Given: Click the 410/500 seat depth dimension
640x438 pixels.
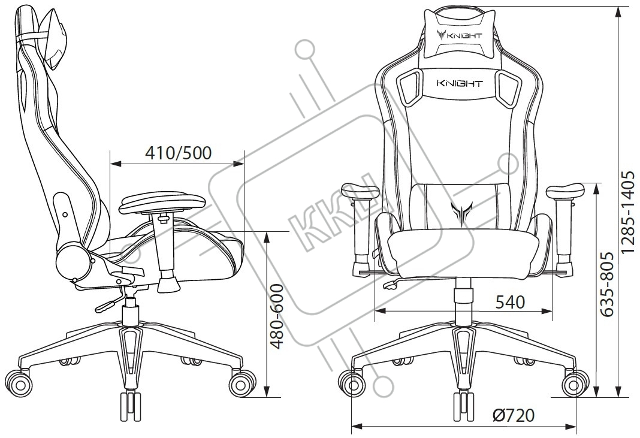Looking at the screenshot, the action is click(x=179, y=153).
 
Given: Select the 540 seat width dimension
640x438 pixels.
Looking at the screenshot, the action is click(x=510, y=302).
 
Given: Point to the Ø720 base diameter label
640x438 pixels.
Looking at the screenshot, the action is click(x=514, y=415).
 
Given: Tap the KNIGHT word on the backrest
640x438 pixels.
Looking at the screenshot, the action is click(x=460, y=84).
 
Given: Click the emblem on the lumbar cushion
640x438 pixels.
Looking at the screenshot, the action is click(x=460, y=209).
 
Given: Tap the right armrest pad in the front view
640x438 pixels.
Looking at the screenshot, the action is click(x=565, y=192).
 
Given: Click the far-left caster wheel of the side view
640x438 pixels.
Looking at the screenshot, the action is click(x=19, y=383).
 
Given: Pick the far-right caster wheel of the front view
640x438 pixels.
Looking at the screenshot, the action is click(x=575, y=383).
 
